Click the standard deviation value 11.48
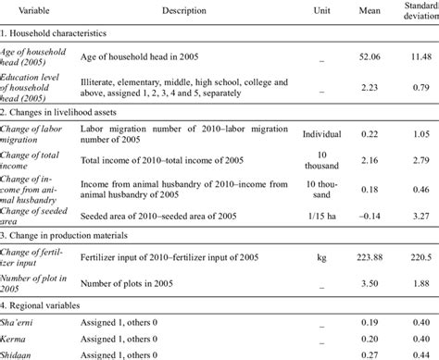coord(421,56)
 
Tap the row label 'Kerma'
coord(19,338)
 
